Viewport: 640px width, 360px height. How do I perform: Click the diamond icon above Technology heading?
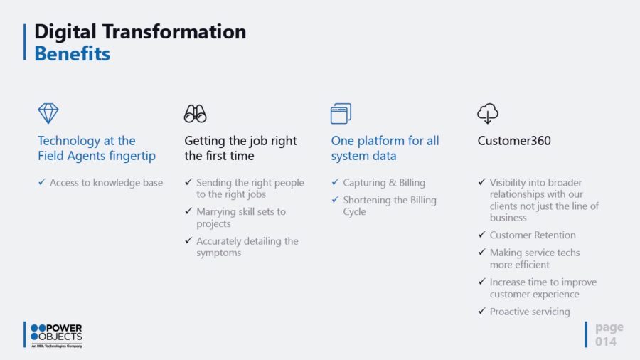point(48,113)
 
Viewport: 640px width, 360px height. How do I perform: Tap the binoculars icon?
point(195,113)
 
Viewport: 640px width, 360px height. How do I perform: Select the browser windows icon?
point(341,113)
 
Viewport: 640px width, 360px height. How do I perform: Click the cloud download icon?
point(488,113)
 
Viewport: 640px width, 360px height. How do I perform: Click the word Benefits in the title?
point(73,53)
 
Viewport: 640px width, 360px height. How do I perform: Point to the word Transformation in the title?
point(174,31)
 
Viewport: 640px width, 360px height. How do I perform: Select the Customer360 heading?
point(514,141)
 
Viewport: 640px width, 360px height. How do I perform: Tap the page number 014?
point(605,342)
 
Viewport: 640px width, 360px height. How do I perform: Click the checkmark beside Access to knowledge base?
point(42,182)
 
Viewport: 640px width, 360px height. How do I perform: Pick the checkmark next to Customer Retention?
point(481,234)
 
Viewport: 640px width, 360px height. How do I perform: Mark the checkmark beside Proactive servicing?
point(481,311)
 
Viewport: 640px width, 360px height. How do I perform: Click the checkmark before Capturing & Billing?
point(335,182)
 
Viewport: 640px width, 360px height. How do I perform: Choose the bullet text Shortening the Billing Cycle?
point(390,206)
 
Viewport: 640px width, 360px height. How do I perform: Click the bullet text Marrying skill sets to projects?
point(241,218)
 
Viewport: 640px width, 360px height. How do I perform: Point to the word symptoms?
point(219,253)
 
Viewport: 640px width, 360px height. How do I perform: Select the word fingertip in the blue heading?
point(133,156)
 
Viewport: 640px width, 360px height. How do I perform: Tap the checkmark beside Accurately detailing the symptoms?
point(188,240)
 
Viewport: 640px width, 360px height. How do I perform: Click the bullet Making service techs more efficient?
point(534,258)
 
